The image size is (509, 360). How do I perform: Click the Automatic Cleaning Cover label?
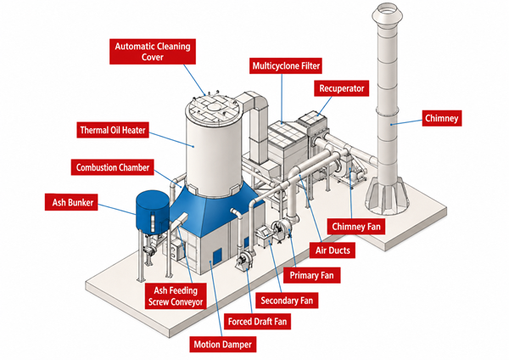[x=153, y=52]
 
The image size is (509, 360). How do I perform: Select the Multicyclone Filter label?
[x=286, y=66]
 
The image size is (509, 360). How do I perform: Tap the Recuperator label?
[x=341, y=88]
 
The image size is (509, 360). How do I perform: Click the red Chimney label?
[x=441, y=118]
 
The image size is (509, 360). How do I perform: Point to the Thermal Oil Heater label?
[x=113, y=130]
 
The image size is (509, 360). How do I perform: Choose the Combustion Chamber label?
[x=112, y=167]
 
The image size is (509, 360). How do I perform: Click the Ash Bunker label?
[x=71, y=202]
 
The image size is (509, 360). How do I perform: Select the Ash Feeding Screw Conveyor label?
[x=176, y=296]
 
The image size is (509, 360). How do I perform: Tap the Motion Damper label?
[x=222, y=345]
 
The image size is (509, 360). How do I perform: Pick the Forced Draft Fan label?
[x=257, y=322]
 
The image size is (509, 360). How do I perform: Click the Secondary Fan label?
[x=287, y=301]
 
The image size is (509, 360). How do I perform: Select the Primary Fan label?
[x=311, y=275]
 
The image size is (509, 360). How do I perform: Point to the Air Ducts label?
[x=333, y=250]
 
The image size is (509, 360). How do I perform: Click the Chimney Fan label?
[x=355, y=227]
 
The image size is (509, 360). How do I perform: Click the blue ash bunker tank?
[x=152, y=212]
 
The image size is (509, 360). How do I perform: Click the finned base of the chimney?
[x=387, y=197]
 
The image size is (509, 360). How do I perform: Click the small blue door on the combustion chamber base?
[x=217, y=256]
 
